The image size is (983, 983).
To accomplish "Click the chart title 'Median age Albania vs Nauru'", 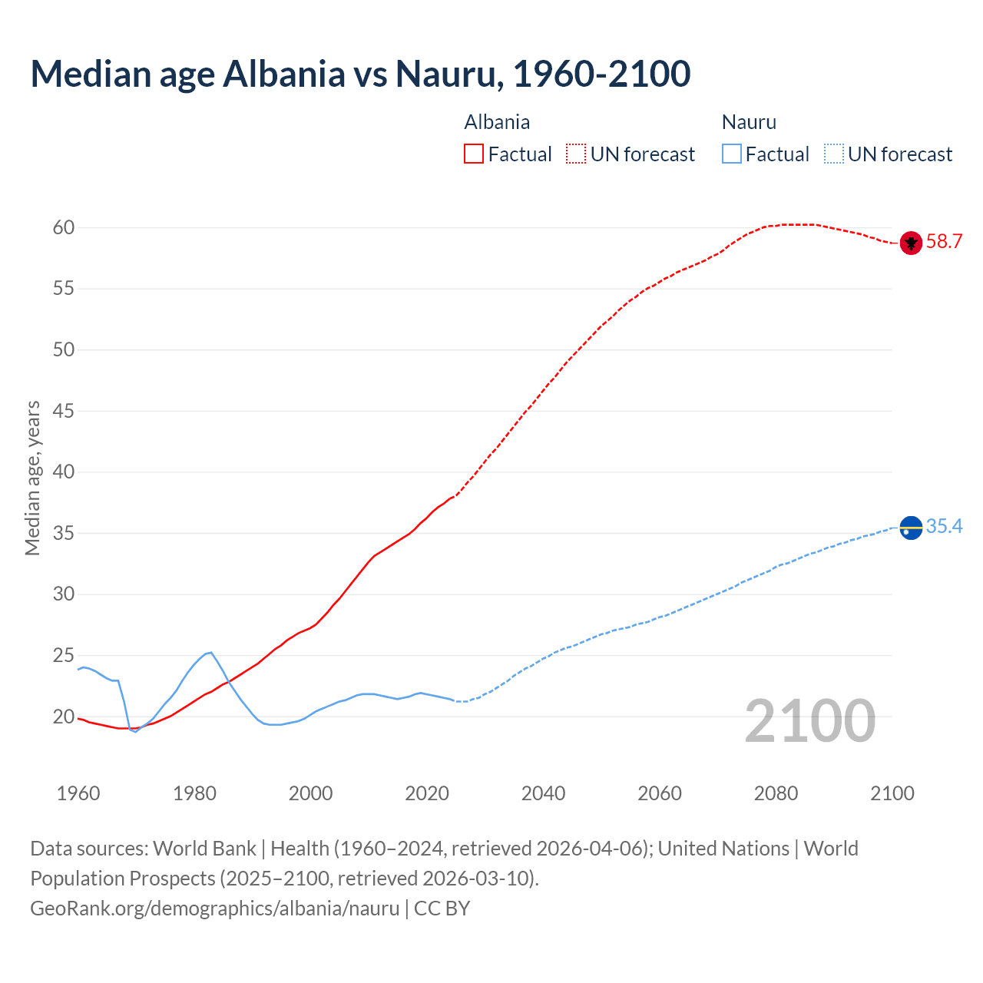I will point(360,74).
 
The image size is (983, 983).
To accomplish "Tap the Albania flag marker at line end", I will point(911,243).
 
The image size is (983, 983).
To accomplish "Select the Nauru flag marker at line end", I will point(911,528).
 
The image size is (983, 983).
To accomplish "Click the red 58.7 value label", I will point(944,242).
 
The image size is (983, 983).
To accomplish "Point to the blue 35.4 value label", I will point(944,527).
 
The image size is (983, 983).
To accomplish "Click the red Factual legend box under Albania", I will point(474,154).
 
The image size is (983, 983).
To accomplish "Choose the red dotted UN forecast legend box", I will point(576,154).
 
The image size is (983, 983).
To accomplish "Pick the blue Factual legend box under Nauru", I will point(732,154).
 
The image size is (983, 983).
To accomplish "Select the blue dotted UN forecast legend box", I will point(834,154).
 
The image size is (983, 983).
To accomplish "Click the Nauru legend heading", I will point(749,122).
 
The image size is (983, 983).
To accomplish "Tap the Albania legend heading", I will point(497,122).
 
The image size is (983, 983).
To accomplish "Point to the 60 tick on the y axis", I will point(64,227).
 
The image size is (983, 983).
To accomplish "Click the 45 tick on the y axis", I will point(64,411).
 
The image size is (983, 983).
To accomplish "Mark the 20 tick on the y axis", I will point(64,717).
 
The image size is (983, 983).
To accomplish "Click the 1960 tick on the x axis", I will point(78,793).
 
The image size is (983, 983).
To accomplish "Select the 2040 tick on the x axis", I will point(543,793).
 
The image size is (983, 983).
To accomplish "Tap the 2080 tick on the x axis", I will point(776,793).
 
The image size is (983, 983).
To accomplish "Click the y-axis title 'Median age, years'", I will point(32,478).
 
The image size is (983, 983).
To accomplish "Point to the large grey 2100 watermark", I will point(809,720).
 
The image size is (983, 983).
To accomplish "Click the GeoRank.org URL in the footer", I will point(214,909).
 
